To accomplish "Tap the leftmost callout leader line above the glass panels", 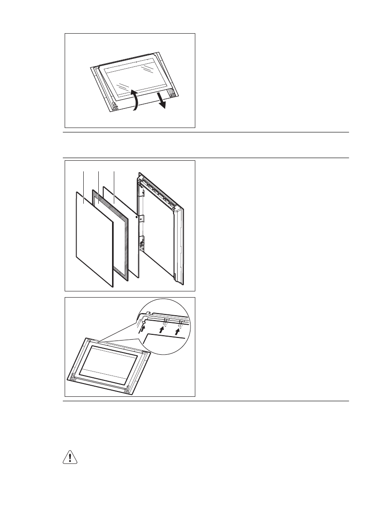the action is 84,182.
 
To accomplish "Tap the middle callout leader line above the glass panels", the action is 98,182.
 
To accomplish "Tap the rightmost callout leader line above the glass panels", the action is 114,182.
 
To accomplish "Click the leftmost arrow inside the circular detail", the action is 142,328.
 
